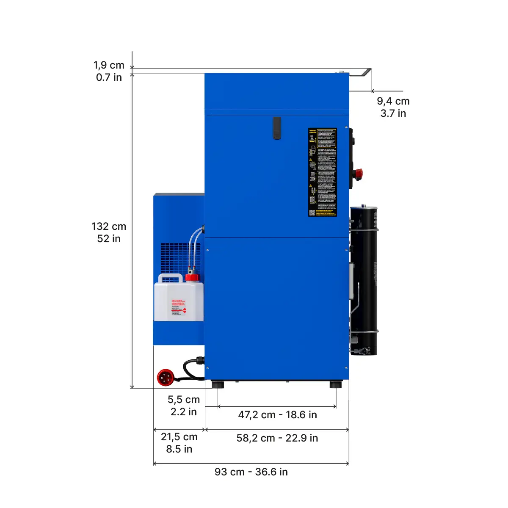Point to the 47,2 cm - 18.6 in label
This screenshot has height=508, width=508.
pos(277,415)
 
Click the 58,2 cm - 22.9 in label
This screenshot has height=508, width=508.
pos(277,438)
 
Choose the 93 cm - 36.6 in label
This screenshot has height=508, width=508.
pos(251,472)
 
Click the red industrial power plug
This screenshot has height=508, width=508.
pos(166,377)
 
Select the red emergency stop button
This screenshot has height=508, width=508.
pos(358,173)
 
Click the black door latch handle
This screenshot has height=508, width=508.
pos(277,128)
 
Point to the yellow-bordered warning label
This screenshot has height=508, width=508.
pos(322,172)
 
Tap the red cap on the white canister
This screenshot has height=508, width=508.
pos(192,278)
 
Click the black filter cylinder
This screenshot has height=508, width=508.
pos(364,279)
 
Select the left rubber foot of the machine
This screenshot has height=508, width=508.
pos(218,385)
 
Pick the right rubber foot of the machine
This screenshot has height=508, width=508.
pos(336,385)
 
